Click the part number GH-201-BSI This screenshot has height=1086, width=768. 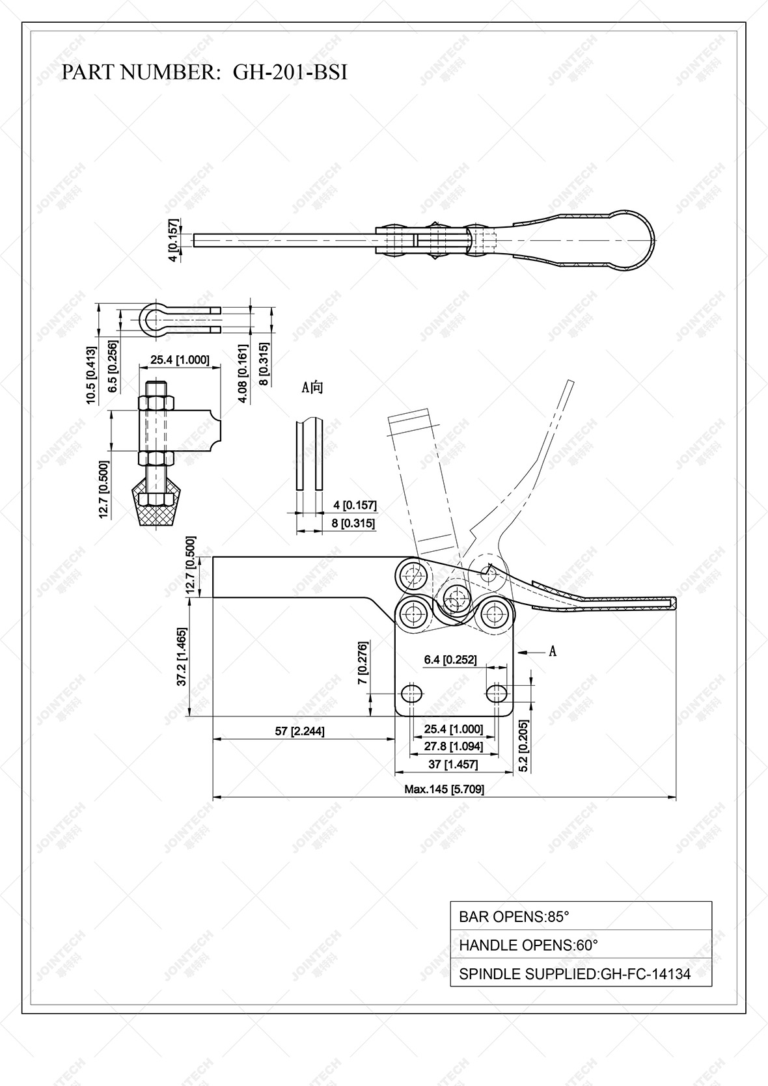click(290, 72)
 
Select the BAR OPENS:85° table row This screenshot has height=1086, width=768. click(581, 917)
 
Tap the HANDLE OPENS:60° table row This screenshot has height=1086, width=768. click(581, 945)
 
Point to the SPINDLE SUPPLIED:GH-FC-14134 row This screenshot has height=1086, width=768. click(581, 974)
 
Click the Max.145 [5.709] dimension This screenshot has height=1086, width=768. click(444, 789)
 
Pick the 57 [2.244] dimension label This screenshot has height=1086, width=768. click(299, 731)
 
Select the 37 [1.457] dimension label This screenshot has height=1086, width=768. click(453, 764)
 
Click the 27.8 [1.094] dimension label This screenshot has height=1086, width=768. click(453, 746)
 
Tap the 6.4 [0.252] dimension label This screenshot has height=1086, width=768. click(450, 660)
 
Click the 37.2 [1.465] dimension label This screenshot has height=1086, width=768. click(182, 657)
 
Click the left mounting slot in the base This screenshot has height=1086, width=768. click(411, 692)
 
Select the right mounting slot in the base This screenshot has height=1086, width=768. click(497, 692)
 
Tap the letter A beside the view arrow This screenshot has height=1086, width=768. click(553, 651)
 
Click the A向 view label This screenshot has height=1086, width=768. click(312, 388)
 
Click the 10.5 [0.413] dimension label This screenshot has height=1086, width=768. click(91, 376)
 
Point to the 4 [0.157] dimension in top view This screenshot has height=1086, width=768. click(172, 240)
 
